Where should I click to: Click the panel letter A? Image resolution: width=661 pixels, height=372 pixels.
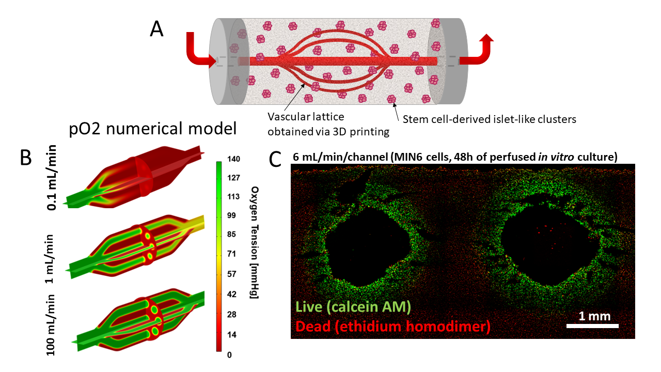(x=156, y=29)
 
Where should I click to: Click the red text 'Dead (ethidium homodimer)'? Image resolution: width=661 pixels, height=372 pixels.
(x=391, y=326)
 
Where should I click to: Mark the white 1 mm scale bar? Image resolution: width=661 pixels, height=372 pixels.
(x=592, y=326)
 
